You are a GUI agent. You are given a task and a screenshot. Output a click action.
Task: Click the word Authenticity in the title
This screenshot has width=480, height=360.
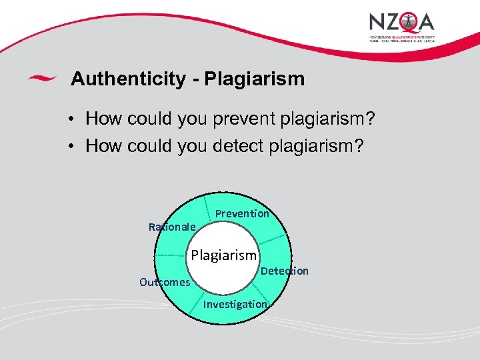click(x=128, y=79)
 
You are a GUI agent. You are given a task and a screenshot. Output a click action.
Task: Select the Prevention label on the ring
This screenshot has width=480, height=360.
click(x=242, y=213)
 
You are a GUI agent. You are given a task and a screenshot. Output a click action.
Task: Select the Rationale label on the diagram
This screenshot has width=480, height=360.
click(x=172, y=227)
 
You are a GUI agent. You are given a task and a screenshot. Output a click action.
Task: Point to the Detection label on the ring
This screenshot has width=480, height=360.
click(x=285, y=271)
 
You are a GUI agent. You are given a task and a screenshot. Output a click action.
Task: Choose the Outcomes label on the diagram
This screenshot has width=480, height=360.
click(x=165, y=282)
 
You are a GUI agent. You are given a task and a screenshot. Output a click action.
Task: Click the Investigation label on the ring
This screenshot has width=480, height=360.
click(x=235, y=304)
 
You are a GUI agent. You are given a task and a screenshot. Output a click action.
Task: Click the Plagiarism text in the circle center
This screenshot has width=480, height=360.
click(x=223, y=255)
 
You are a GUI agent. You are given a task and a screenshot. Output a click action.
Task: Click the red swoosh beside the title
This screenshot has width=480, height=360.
click(x=41, y=79)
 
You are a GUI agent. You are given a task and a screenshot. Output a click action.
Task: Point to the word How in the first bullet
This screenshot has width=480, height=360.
click(x=102, y=119)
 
